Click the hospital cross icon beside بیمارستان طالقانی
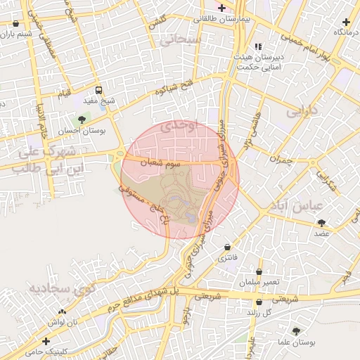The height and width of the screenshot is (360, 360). (222, 8)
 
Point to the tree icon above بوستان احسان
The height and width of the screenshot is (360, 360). (83, 120)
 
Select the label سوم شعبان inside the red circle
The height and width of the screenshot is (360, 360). (165, 162)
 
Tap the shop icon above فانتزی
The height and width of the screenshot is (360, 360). (227, 247)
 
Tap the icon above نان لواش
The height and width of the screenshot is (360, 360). (63, 311)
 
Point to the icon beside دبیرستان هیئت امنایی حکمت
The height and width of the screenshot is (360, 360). (258, 46)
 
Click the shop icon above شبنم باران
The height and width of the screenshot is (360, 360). (16, 23)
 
